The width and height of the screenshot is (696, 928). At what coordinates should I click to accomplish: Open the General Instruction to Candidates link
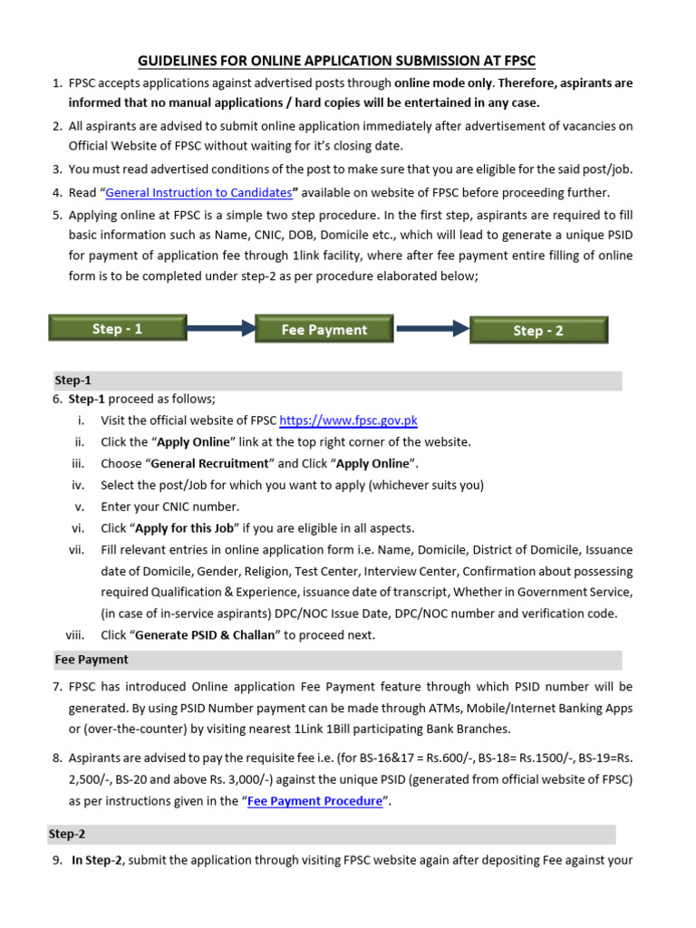point(198,192)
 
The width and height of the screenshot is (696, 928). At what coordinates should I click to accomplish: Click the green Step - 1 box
point(118,329)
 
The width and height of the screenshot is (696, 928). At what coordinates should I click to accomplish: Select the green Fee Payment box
point(324,330)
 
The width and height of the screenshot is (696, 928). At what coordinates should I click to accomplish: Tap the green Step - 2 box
point(537,331)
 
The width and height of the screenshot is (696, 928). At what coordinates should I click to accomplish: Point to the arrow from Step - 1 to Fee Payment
point(220,329)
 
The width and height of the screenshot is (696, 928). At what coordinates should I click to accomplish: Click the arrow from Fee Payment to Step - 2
point(430,330)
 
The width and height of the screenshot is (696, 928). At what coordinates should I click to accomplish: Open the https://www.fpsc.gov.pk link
point(348,420)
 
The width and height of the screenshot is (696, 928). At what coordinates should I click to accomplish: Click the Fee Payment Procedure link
point(314,801)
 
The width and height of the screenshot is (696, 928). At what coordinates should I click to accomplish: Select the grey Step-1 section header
point(72,381)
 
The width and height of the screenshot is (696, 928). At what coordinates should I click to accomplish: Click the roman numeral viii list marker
point(75,635)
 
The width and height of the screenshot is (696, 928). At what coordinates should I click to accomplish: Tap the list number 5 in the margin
point(56,215)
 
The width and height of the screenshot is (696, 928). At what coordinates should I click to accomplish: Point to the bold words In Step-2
point(96,861)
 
